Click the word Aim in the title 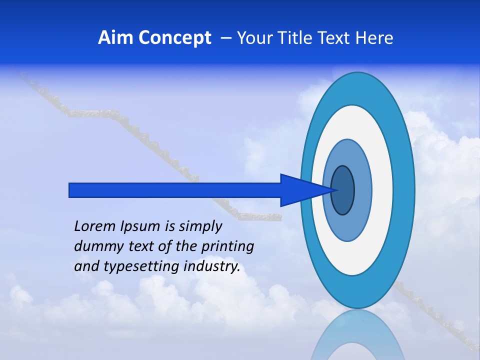(x=115, y=38)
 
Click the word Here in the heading (x=374, y=38)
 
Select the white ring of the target (x=382, y=190)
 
